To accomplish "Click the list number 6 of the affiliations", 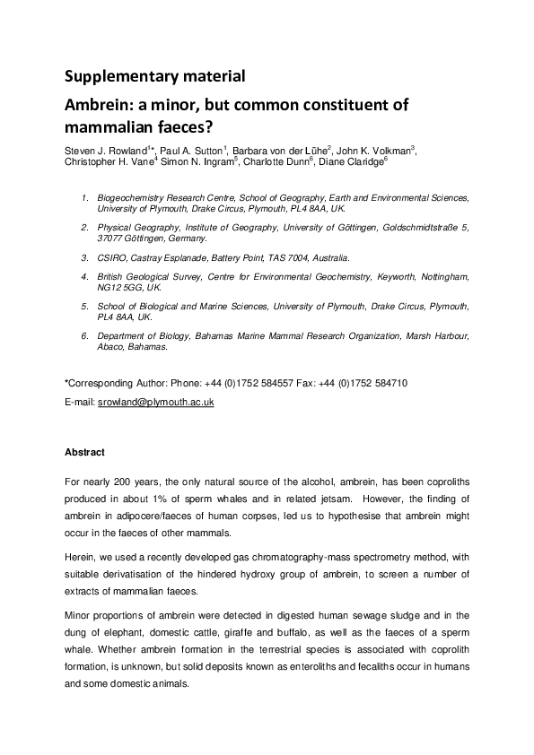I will coord(84,335).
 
